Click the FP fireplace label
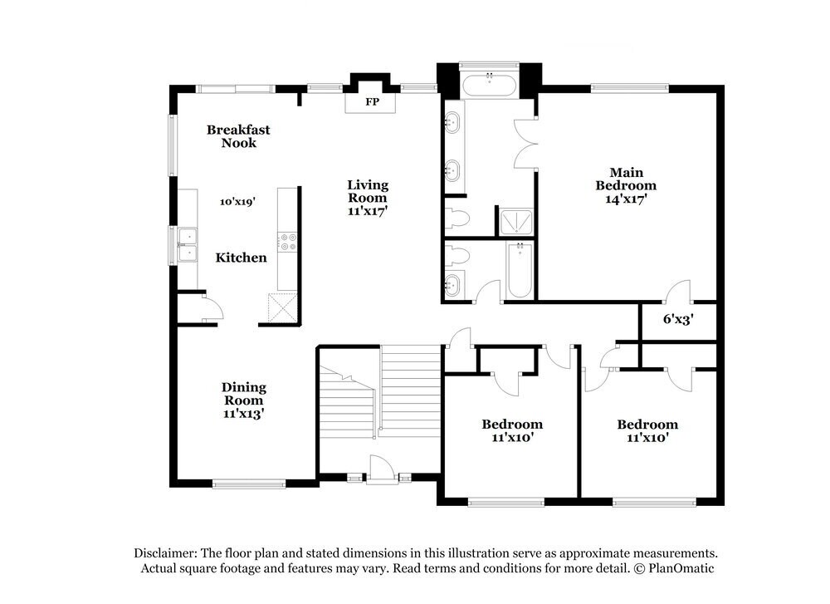(372, 102)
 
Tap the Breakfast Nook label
(238, 136)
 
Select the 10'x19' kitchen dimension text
(237, 201)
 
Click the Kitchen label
(242, 258)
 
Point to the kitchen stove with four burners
(288, 241)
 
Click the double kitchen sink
(188, 243)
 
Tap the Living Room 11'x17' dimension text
(367, 211)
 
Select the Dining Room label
(243, 394)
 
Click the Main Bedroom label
(627, 179)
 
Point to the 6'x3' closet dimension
(678, 317)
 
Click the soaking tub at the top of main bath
(490, 84)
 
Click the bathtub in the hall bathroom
(520, 270)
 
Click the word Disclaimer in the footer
(164, 553)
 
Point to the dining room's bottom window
(249, 483)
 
